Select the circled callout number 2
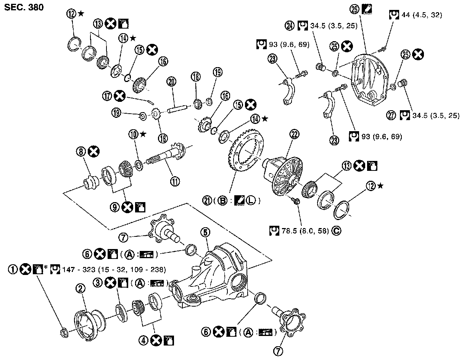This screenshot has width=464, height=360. pos(81,289)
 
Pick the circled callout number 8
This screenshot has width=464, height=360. pos(81,153)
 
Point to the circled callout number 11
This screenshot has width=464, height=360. pos(176,182)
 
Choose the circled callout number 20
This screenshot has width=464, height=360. pos(171,81)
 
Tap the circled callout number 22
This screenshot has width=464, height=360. pos(294,134)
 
